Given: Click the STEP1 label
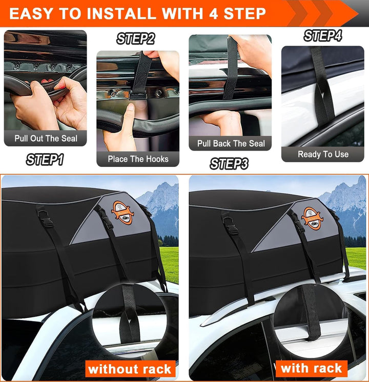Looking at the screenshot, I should [x=45, y=160].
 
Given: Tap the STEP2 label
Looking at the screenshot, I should [x=135, y=39].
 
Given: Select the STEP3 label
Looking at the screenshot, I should [x=229, y=164].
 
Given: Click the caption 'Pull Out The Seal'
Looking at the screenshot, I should [x=46, y=138].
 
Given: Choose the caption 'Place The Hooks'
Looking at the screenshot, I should [x=138, y=159].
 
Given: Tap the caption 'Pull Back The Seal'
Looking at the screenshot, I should [x=231, y=143].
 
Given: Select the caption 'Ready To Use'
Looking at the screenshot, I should [x=323, y=154].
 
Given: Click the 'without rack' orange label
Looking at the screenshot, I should [x=130, y=369].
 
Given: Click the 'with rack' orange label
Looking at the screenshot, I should [x=311, y=368].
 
